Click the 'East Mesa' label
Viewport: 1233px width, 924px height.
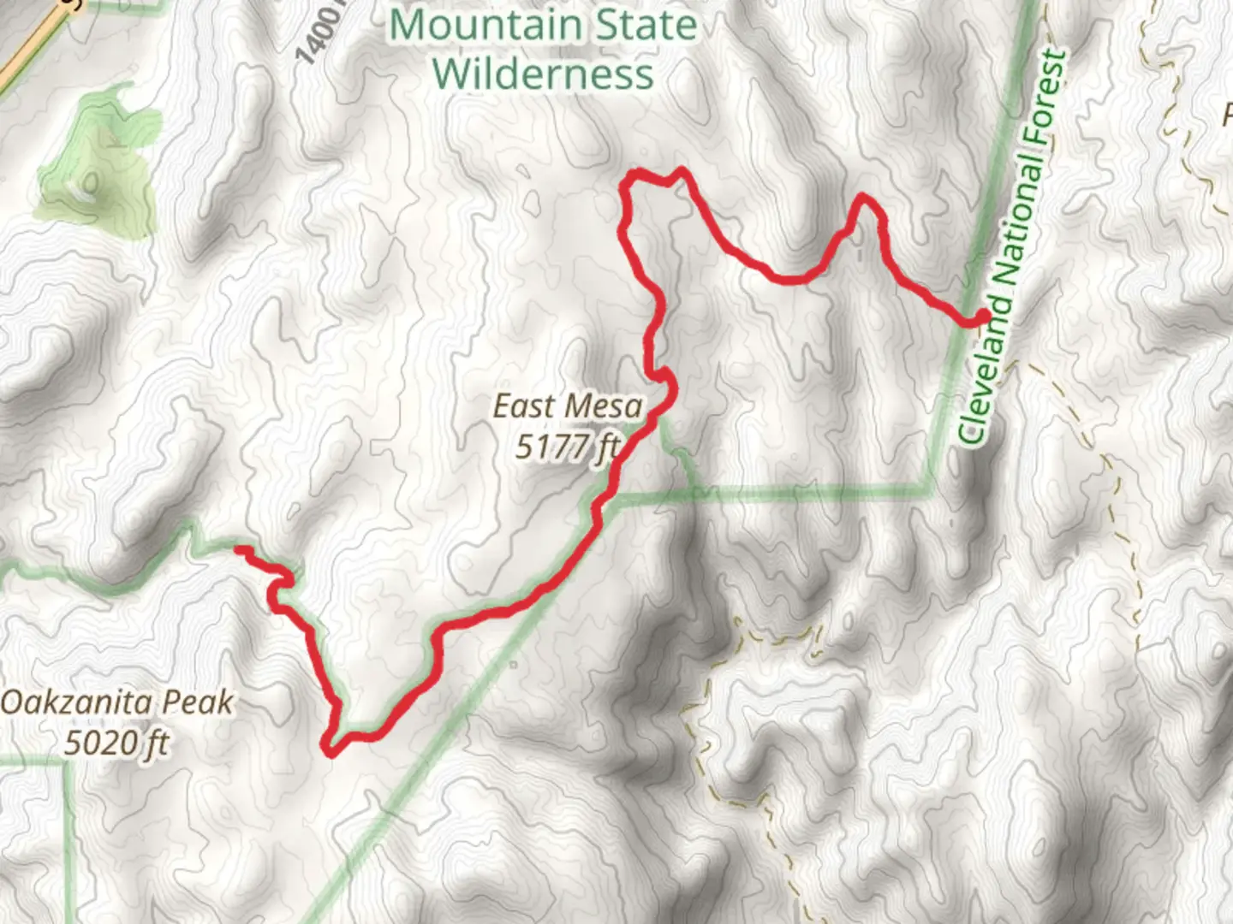(567, 406)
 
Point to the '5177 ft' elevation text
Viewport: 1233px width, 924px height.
(567, 446)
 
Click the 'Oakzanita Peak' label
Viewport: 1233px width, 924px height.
(116, 703)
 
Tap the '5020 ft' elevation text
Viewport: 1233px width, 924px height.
(116, 743)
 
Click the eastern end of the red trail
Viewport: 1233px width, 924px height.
(983, 317)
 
